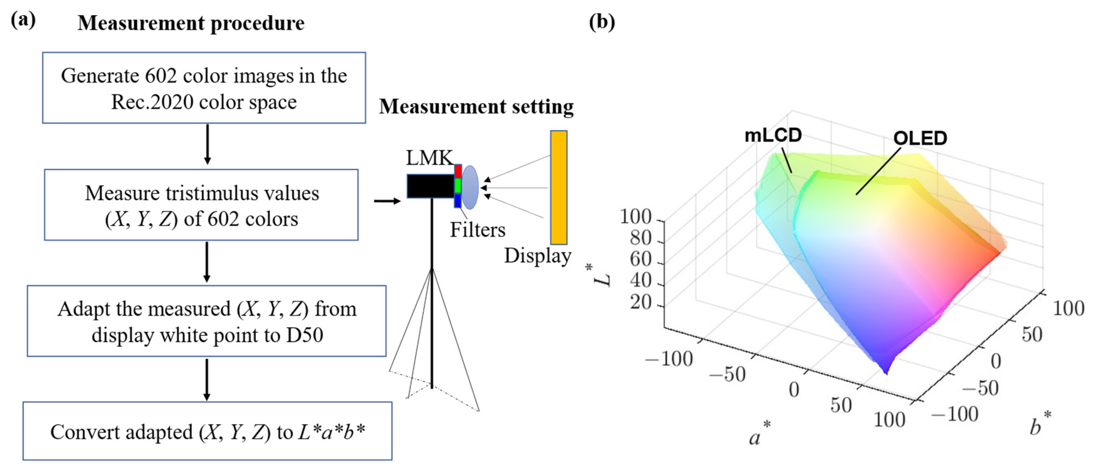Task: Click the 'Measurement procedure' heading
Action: pos(191,23)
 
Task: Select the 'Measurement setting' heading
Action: pos(476,106)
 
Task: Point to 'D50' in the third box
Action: pos(305,335)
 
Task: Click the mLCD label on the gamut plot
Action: pos(773,136)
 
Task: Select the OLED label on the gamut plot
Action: pos(920,138)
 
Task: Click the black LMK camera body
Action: pos(430,186)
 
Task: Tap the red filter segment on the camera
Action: pos(458,171)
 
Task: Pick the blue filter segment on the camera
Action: pos(458,200)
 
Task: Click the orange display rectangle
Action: pos(558,187)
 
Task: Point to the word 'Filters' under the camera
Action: pos(477,230)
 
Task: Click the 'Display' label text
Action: pos(537,256)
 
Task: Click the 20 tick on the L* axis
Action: pos(641,303)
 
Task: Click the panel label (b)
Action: pos(602,21)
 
